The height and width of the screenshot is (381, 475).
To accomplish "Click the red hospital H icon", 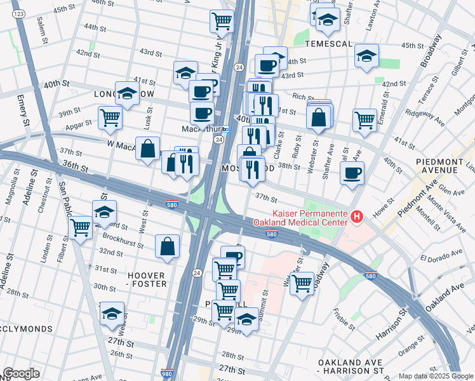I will (356, 218).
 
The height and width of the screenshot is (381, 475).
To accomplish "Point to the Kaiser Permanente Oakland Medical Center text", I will (300, 218).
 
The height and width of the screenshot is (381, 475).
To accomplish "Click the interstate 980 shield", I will (167, 374).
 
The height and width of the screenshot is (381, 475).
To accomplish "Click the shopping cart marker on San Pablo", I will (81, 227).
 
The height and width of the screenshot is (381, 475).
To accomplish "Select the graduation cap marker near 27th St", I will (112, 314).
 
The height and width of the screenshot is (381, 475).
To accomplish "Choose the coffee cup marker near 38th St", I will (351, 173).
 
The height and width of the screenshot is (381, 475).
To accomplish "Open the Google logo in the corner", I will (21, 373).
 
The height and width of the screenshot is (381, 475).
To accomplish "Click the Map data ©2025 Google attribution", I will (436, 376).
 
